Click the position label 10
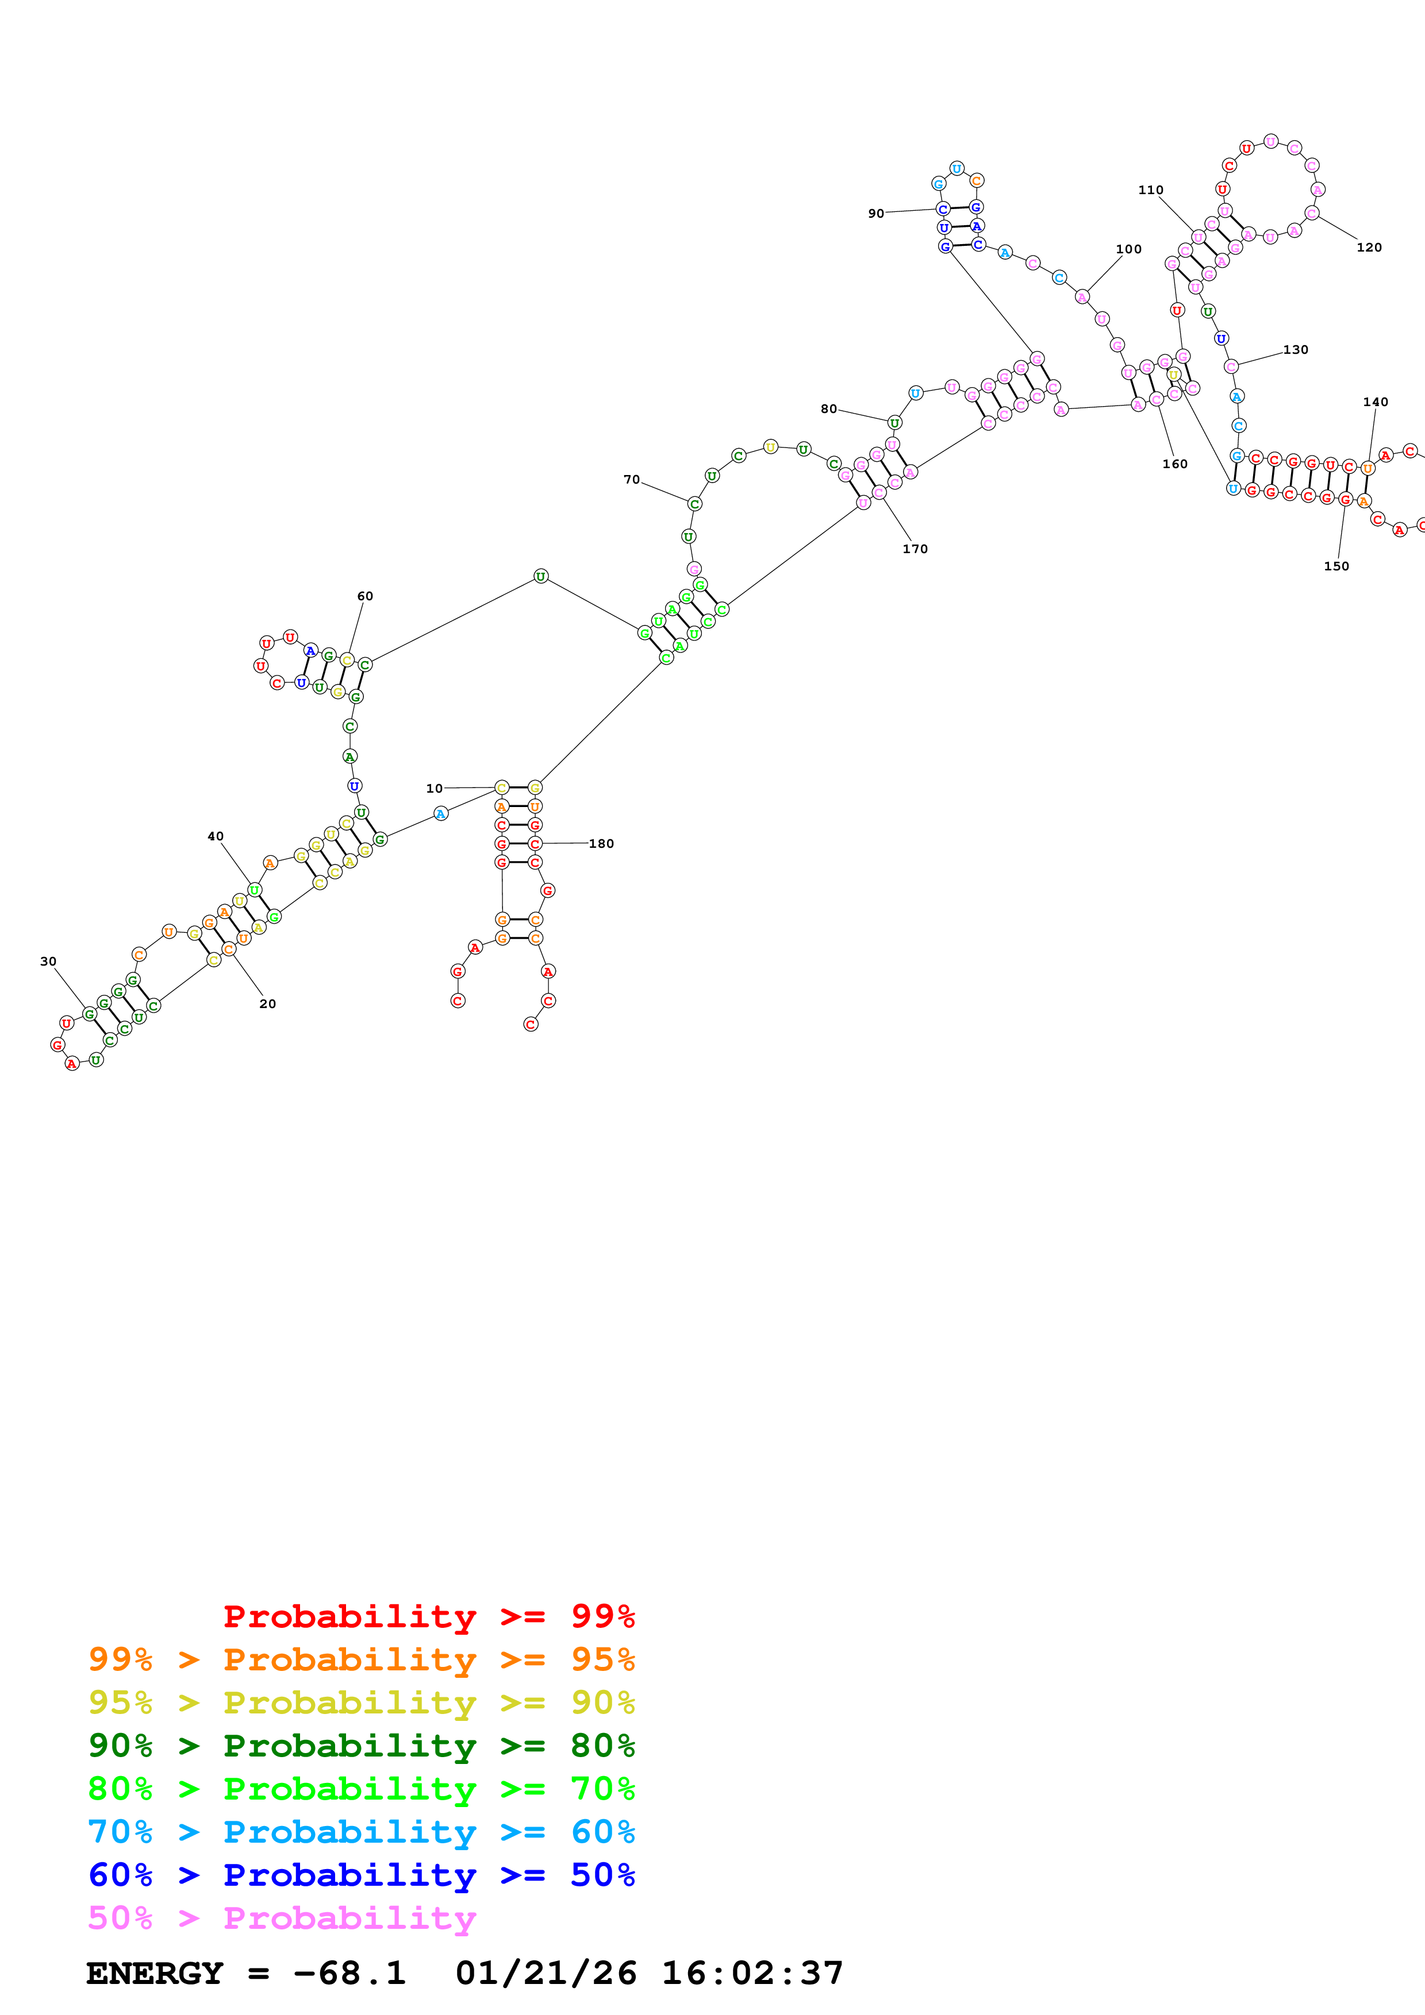click(434, 788)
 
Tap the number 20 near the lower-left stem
click(267, 1003)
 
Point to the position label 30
click(48, 961)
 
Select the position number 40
click(215, 836)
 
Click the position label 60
click(364, 596)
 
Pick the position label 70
click(631, 479)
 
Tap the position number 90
click(875, 213)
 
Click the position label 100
click(1128, 249)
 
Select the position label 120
click(1368, 248)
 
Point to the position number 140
click(1375, 402)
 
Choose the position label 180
click(601, 843)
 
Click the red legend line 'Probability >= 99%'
click(428, 1616)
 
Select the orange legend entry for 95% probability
click(361, 1659)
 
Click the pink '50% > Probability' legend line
click(282, 1917)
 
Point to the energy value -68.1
click(348, 1973)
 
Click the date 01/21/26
click(546, 1973)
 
